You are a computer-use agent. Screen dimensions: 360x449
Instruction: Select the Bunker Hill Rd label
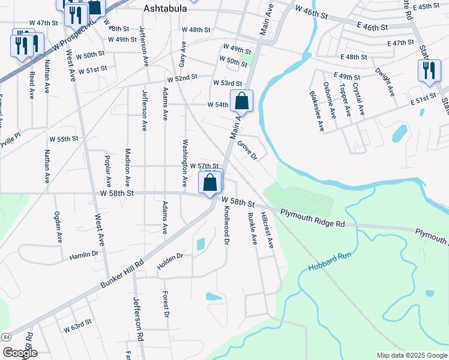pos(123,273)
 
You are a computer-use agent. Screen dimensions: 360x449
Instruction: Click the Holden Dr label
pos(170,260)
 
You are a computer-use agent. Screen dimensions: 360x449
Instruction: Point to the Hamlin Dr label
pos(83,254)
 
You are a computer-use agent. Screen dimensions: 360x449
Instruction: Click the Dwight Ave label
pos(384,82)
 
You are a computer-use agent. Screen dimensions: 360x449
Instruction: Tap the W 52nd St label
pos(182,79)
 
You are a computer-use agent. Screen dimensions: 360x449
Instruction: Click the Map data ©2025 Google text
pos(412,355)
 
